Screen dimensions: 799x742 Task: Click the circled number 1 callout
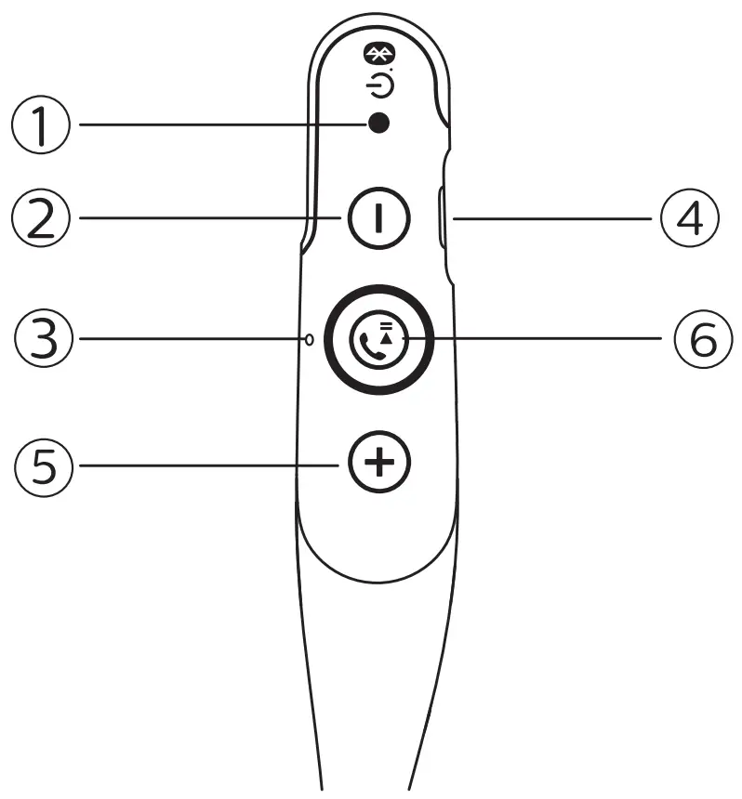40,124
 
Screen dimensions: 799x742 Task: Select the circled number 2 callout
40,218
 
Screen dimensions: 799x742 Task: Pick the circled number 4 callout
689,219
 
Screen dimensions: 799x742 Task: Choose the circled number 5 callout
42,462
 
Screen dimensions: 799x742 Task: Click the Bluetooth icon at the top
378,53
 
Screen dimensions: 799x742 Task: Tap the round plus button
378,462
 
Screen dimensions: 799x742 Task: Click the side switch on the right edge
441,219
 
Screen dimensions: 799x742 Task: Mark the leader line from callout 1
214,124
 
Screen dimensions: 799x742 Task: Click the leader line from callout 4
549,219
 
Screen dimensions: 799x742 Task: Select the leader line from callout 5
205,462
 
